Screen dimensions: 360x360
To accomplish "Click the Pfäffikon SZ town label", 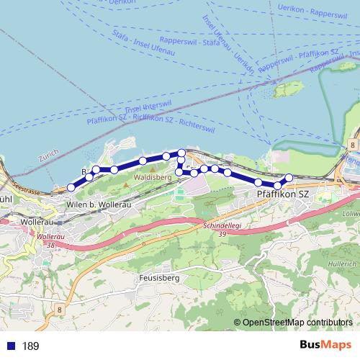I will [x=283, y=194].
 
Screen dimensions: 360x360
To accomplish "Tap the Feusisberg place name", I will [x=158, y=276].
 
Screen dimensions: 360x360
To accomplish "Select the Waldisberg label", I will [x=151, y=175].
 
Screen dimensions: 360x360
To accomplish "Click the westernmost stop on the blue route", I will [x=71, y=188].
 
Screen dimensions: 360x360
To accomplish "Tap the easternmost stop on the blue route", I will [x=289, y=177].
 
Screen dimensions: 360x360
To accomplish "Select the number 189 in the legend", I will [x=31, y=346].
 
